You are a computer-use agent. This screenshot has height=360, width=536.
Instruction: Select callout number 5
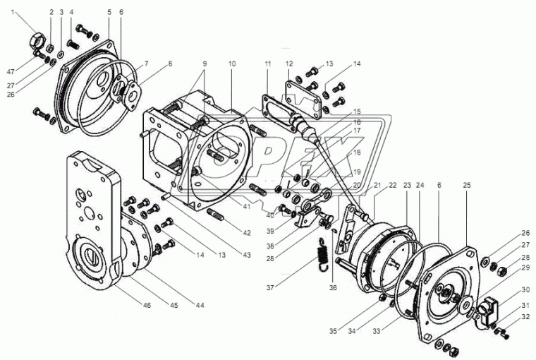pos(109,13)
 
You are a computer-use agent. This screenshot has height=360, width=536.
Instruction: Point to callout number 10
pos(232,64)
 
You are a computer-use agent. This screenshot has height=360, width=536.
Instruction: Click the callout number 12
pos(288,64)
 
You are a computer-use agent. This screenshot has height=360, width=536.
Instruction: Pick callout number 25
pos(466,184)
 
